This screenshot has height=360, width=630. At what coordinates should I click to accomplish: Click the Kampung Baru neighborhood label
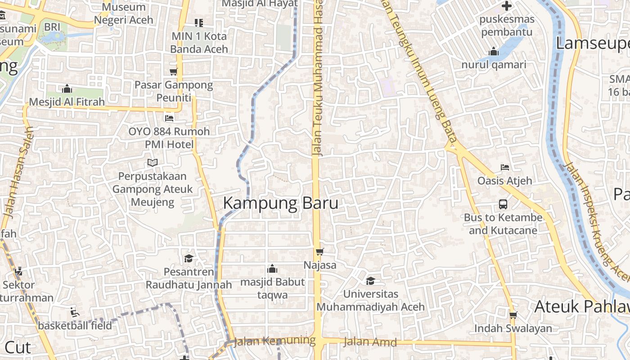pyautogui.click(x=280, y=203)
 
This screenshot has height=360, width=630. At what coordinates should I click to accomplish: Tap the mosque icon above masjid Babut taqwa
pyautogui.click(x=272, y=269)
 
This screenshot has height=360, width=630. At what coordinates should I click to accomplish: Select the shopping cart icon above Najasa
pyautogui.click(x=319, y=252)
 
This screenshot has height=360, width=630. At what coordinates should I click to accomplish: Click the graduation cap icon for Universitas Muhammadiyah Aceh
pyautogui.click(x=370, y=281)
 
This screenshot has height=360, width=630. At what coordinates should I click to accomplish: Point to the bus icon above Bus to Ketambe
pyautogui.click(x=503, y=204)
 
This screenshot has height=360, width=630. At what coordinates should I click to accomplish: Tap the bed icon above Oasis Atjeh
pyautogui.click(x=505, y=167)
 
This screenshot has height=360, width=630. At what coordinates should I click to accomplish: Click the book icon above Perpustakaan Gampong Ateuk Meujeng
pyautogui.click(x=153, y=162)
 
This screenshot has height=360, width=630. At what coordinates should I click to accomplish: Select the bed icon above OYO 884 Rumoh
pyautogui.click(x=169, y=118)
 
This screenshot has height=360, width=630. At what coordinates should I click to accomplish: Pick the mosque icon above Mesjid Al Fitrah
pyautogui.click(x=67, y=88)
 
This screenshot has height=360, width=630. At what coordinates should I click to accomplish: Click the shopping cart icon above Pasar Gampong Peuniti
pyautogui.click(x=173, y=72)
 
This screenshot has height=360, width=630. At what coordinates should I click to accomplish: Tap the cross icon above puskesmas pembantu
pyautogui.click(x=507, y=6)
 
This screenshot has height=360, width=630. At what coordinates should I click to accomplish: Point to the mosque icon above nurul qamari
pyautogui.click(x=494, y=51)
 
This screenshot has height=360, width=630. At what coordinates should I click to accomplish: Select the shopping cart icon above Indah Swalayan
pyautogui.click(x=513, y=315)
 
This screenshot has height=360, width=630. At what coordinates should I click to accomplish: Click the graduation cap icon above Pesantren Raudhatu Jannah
pyautogui.click(x=189, y=259)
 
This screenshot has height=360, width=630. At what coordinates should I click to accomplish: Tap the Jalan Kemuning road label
pyautogui.click(x=274, y=341)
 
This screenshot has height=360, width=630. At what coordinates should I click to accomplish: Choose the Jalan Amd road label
pyautogui.click(x=370, y=342)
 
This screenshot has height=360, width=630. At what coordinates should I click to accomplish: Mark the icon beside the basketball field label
pyautogui.click(x=75, y=312)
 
